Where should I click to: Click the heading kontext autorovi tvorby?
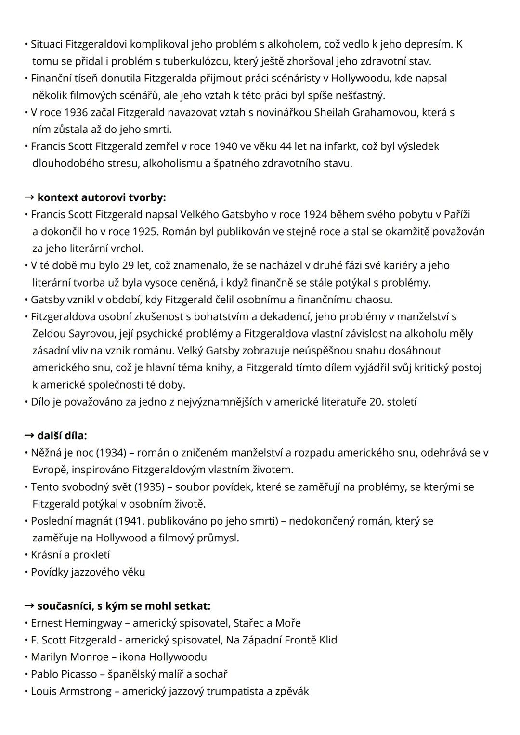click(x=101, y=197)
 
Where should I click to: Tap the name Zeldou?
click(x=49, y=334)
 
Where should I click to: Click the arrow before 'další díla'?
click(x=29, y=435)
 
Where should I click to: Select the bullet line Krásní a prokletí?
click(x=70, y=555)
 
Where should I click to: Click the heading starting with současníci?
click(x=124, y=606)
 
